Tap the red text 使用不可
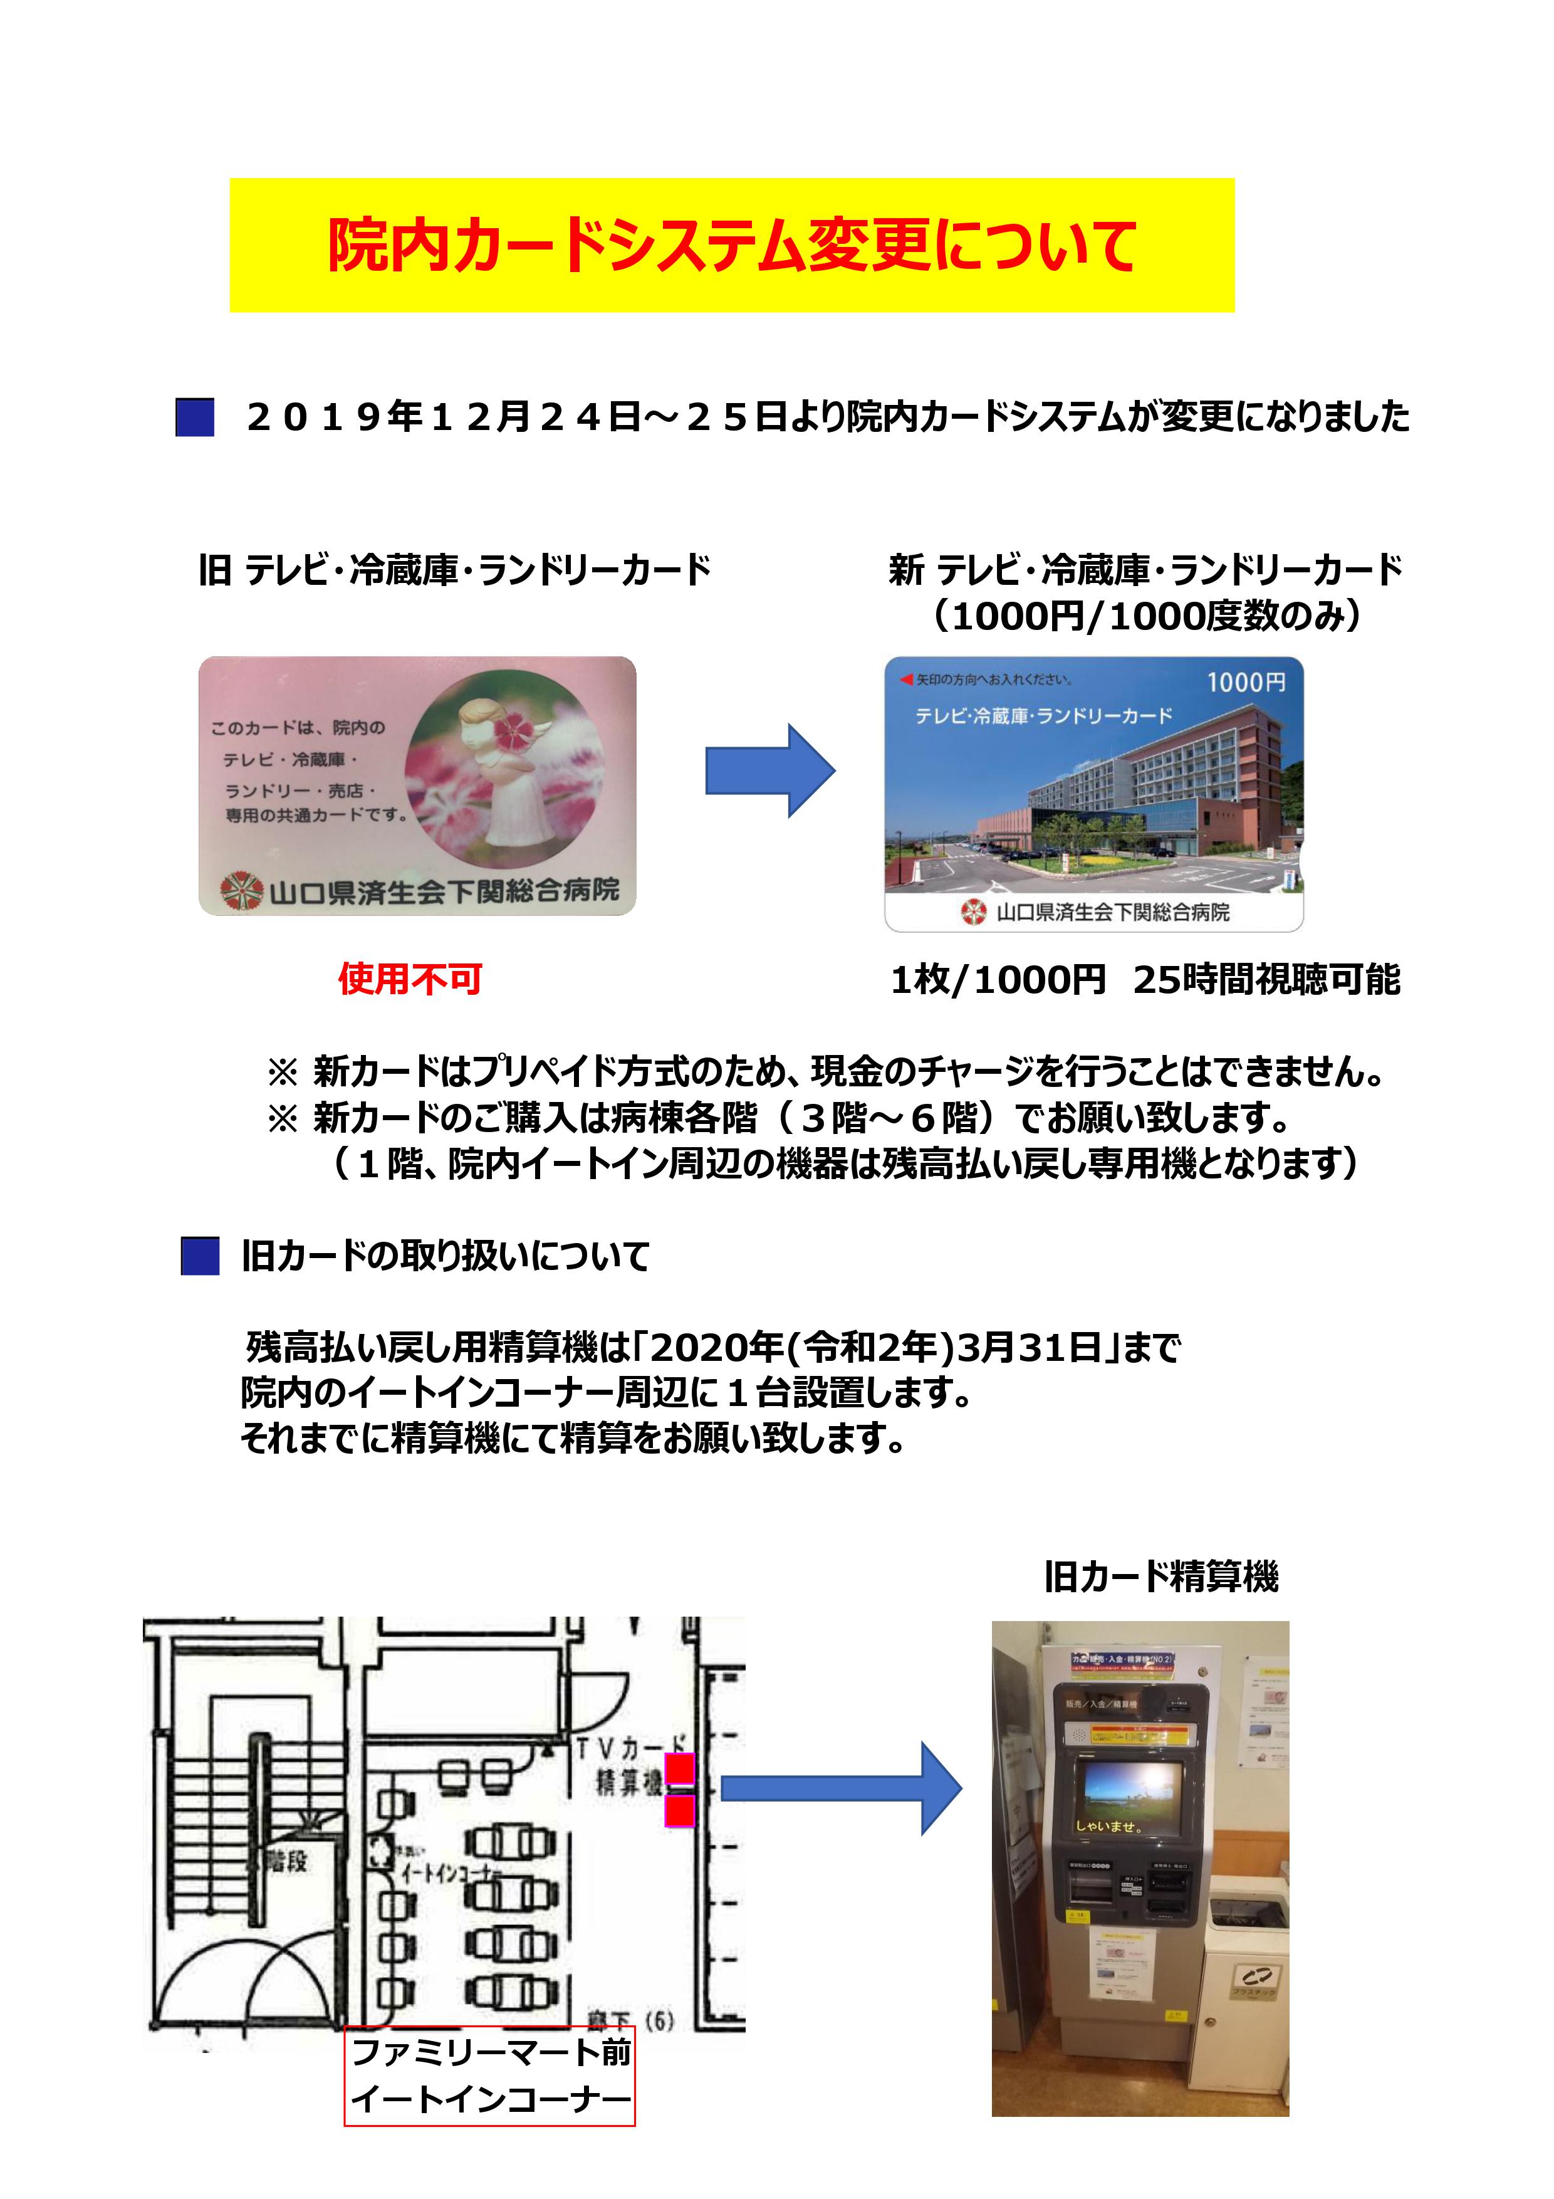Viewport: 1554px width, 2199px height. click(x=410, y=979)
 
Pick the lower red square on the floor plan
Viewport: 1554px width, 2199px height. click(x=680, y=1810)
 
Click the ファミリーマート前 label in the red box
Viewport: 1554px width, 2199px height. click(x=490, y=2052)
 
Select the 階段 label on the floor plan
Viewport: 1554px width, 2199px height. click(x=285, y=1862)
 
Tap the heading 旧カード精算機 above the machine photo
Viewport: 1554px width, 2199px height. click(x=1160, y=1577)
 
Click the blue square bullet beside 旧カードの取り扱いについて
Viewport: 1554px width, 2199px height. click(x=200, y=1256)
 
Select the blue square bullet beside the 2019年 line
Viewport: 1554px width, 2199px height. click(x=194, y=417)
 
